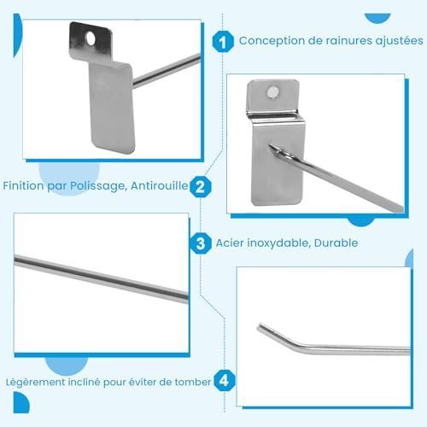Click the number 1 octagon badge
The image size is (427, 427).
[x=223, y=42]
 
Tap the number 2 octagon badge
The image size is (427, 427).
[x=201, y=187]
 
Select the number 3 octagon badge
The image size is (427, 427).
[x=201, y=243]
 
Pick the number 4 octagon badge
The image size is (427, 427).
[x=225, y=381]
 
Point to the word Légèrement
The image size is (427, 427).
[x=35, y=383]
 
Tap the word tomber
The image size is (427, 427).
[x=193, y=382]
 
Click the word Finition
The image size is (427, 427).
[x=24, y=186]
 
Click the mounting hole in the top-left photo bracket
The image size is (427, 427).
[x=91, y=38]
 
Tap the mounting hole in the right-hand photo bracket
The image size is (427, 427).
[x=273, y=92]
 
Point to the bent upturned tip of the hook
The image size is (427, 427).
[x=260, y=327]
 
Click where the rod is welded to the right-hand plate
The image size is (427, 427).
[x=273, y=149]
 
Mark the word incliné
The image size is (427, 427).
[x=84, y=382]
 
